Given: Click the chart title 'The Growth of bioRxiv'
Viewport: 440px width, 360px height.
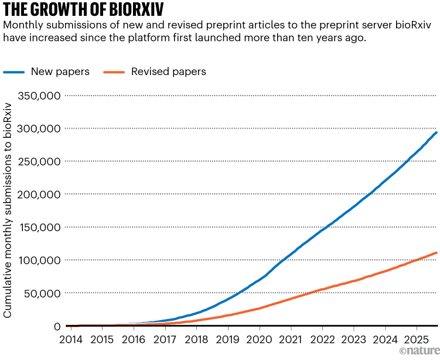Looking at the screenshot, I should (81, 9).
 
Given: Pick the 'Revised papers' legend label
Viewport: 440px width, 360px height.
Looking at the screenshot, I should (168, 72).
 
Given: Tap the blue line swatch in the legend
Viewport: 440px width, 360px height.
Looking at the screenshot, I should (22, 72).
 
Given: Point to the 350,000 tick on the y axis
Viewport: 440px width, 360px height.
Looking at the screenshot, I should (36, 95).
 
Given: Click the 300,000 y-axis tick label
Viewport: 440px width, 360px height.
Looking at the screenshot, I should (36, 128).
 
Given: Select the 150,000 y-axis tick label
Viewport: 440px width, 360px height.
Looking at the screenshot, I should (36, 227).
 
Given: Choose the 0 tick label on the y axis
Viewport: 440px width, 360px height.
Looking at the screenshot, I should (57, 326).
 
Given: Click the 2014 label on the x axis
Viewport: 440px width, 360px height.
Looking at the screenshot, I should (71, 339).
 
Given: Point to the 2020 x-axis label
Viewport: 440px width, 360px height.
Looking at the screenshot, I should (258, 339).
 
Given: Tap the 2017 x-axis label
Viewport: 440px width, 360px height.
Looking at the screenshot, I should (165, 339).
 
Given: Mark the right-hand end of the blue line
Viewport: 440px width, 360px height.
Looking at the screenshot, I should (436, 133).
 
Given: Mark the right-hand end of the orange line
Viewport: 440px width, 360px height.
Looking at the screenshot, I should (436, 253).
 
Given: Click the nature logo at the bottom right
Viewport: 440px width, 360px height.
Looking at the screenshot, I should (418, 351).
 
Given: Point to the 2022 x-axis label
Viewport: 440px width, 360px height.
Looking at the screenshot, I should (322, 339).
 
